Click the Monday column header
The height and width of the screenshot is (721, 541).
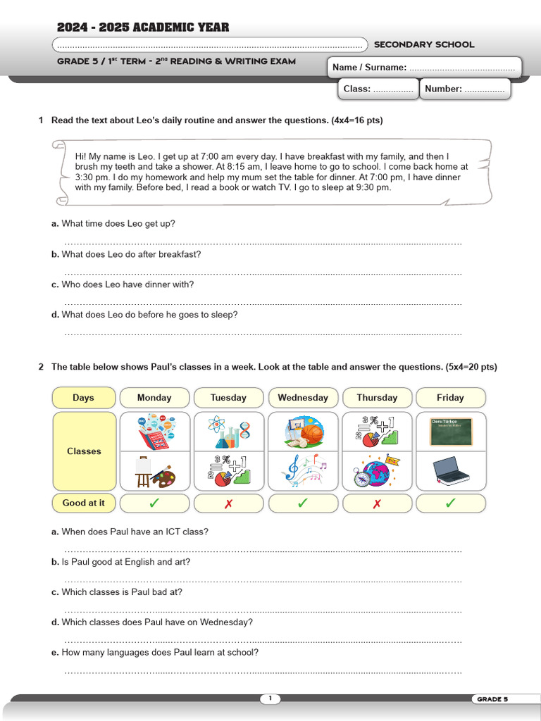[x=154, y=398]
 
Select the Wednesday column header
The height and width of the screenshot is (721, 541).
[x=302, y=398]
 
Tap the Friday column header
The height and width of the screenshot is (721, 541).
[x=450, y=398]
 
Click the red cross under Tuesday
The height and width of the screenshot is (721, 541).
[x=228, y=503]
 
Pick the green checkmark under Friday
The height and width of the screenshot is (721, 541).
[x=450, y=503]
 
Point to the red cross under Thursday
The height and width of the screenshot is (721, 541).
[x=377, y=503]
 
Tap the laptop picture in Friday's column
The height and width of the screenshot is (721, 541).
[x=450, y=471]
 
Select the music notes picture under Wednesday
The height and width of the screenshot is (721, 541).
[x=303, y=471]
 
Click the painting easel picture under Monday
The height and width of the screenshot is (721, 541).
[x=154, y=471]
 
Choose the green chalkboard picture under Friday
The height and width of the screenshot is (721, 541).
[x=450, y=432]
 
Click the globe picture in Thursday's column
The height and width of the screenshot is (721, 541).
[x=377, y=471]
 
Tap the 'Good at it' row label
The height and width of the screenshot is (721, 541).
[x=84, y=503]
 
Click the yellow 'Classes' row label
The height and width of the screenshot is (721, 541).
[x=84, y=451]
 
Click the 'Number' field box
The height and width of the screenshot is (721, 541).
[x=466, y=89]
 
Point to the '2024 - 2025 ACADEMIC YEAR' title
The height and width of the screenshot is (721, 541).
[x=143, y=27]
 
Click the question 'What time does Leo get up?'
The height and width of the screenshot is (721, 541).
[x=118, y=224]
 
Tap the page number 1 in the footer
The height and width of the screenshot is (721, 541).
[x=270, y=698]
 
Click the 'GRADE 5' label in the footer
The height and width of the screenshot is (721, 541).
[x=492, y=699]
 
